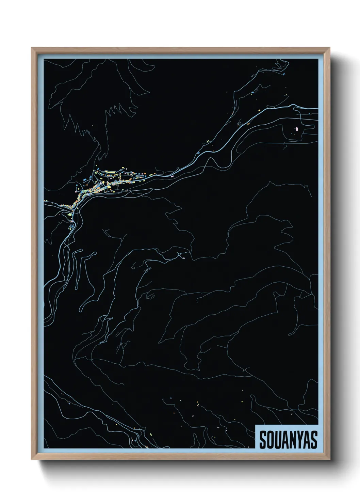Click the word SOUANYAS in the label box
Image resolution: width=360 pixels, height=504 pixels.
288,440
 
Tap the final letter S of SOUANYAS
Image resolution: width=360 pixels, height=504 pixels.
313,440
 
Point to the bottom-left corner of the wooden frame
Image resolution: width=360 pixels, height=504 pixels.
32,459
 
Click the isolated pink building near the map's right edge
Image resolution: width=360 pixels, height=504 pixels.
296,129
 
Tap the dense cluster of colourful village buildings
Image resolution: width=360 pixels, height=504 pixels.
102,186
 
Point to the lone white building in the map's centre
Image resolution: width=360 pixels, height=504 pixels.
184,258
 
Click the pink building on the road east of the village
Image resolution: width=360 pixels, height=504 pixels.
172,176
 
